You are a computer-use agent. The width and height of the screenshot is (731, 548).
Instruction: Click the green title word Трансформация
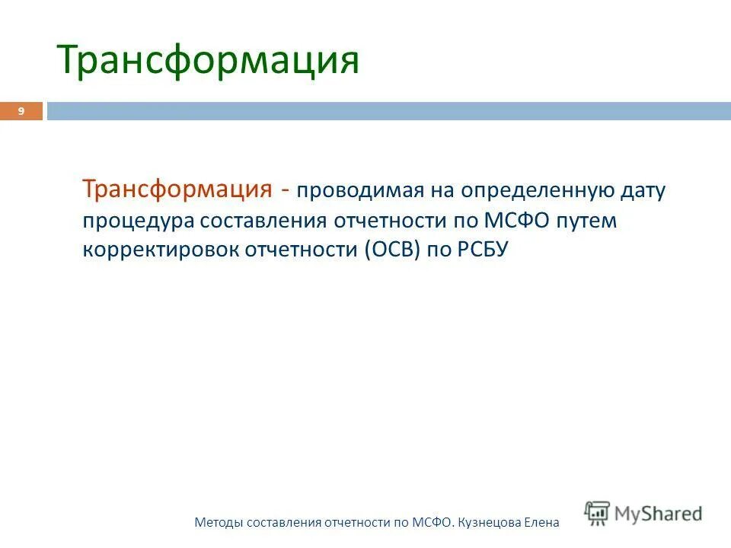(x=208, y=60)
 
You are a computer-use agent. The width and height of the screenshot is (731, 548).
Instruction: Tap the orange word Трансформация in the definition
(x=178, y=189)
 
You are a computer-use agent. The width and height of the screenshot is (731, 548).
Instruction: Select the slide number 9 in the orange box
(x=21, y=112)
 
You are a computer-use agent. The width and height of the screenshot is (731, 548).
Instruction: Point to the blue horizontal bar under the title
(x=388, y=111)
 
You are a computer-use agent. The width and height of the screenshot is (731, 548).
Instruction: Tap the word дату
(x=643, y=190)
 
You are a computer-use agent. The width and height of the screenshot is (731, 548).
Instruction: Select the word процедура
(x=139, y=220)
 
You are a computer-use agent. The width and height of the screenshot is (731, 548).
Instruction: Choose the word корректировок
(x=161, y=250)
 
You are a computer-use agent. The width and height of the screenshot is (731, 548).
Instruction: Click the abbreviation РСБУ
(x=481, y=250)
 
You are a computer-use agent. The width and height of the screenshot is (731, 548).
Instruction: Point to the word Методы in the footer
(x=219, y=523)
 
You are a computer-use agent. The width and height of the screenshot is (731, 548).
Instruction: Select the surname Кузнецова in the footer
(x=491, y=523)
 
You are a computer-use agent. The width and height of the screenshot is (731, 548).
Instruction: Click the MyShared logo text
(x=659, y=514)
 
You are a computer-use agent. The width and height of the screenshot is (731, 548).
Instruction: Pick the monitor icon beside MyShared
(x=598, y=512)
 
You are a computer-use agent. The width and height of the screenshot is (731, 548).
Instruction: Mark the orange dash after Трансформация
(x=283, y=190)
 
